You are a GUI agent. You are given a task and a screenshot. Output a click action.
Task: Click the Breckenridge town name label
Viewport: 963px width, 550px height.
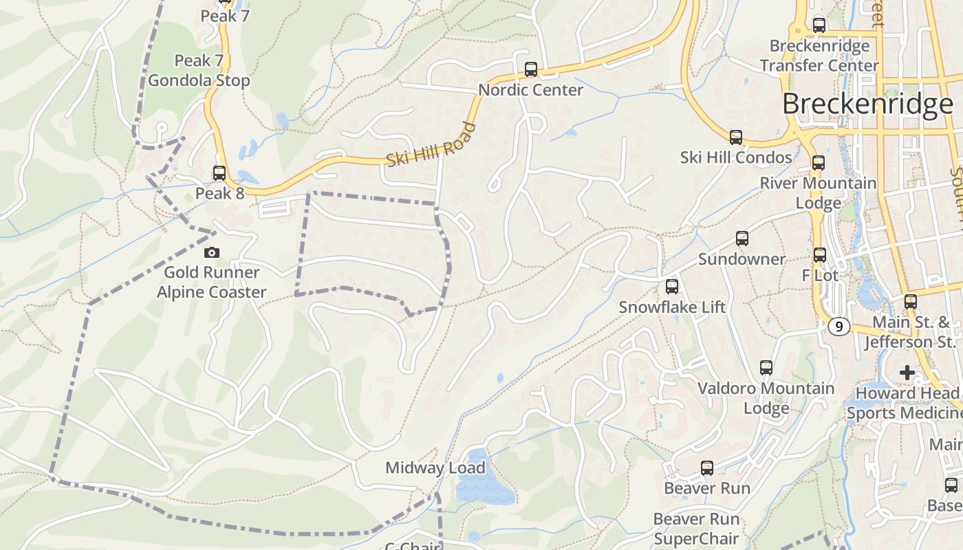point(867,104)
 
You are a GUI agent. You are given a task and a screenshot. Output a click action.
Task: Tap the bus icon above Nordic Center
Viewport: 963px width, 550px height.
point(530,69)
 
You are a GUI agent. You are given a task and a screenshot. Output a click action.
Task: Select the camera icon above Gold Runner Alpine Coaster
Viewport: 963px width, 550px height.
point(212,252)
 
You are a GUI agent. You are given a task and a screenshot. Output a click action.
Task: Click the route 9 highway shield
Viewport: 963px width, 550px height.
point(838,327)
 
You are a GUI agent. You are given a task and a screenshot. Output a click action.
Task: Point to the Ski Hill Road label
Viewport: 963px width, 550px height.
point(431,145)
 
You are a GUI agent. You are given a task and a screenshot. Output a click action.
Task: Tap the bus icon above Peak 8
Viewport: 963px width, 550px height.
point(219,173)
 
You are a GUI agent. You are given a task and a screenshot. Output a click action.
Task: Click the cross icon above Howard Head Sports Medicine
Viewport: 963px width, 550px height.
point(907,373)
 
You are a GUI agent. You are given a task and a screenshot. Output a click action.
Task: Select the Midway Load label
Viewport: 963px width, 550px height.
point(435,468)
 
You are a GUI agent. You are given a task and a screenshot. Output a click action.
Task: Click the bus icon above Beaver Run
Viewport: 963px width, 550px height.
point(706,468)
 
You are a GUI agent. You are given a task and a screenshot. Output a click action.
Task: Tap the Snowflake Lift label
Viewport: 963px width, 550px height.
point(671,307)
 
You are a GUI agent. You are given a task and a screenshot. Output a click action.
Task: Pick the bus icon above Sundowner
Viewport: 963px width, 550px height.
point(742,239)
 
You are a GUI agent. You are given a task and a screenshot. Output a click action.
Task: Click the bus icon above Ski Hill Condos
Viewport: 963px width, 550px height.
point(736,137)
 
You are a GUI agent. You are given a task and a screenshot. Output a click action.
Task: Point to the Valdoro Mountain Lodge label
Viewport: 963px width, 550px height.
point(766,398)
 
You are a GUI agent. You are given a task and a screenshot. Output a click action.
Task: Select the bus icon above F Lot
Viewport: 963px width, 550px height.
point(819,255)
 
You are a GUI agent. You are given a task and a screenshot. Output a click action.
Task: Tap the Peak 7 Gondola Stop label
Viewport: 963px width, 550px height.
point(199,71)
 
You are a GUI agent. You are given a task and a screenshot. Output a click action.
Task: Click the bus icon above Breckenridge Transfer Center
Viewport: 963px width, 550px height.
point(819,25)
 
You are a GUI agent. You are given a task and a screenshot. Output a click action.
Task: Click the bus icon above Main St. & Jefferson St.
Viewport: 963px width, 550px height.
point(911,301)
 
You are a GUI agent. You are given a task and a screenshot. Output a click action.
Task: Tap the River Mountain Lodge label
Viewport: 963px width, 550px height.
point(818,193)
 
